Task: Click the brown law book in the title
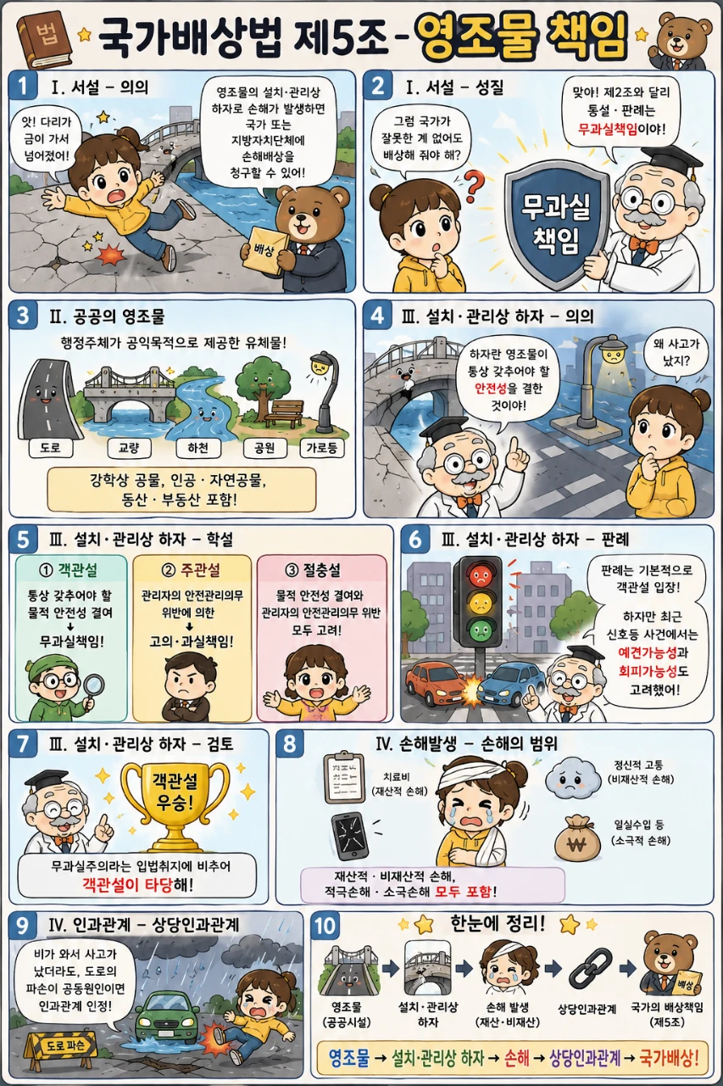[47, 41]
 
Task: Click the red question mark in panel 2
[474, 188]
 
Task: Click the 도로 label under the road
[50, 447]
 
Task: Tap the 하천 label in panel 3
[198, 447]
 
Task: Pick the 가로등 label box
[322, 447]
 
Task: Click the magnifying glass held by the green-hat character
[93, 688]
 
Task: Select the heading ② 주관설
[192, 571]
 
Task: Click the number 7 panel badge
[23, 743]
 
